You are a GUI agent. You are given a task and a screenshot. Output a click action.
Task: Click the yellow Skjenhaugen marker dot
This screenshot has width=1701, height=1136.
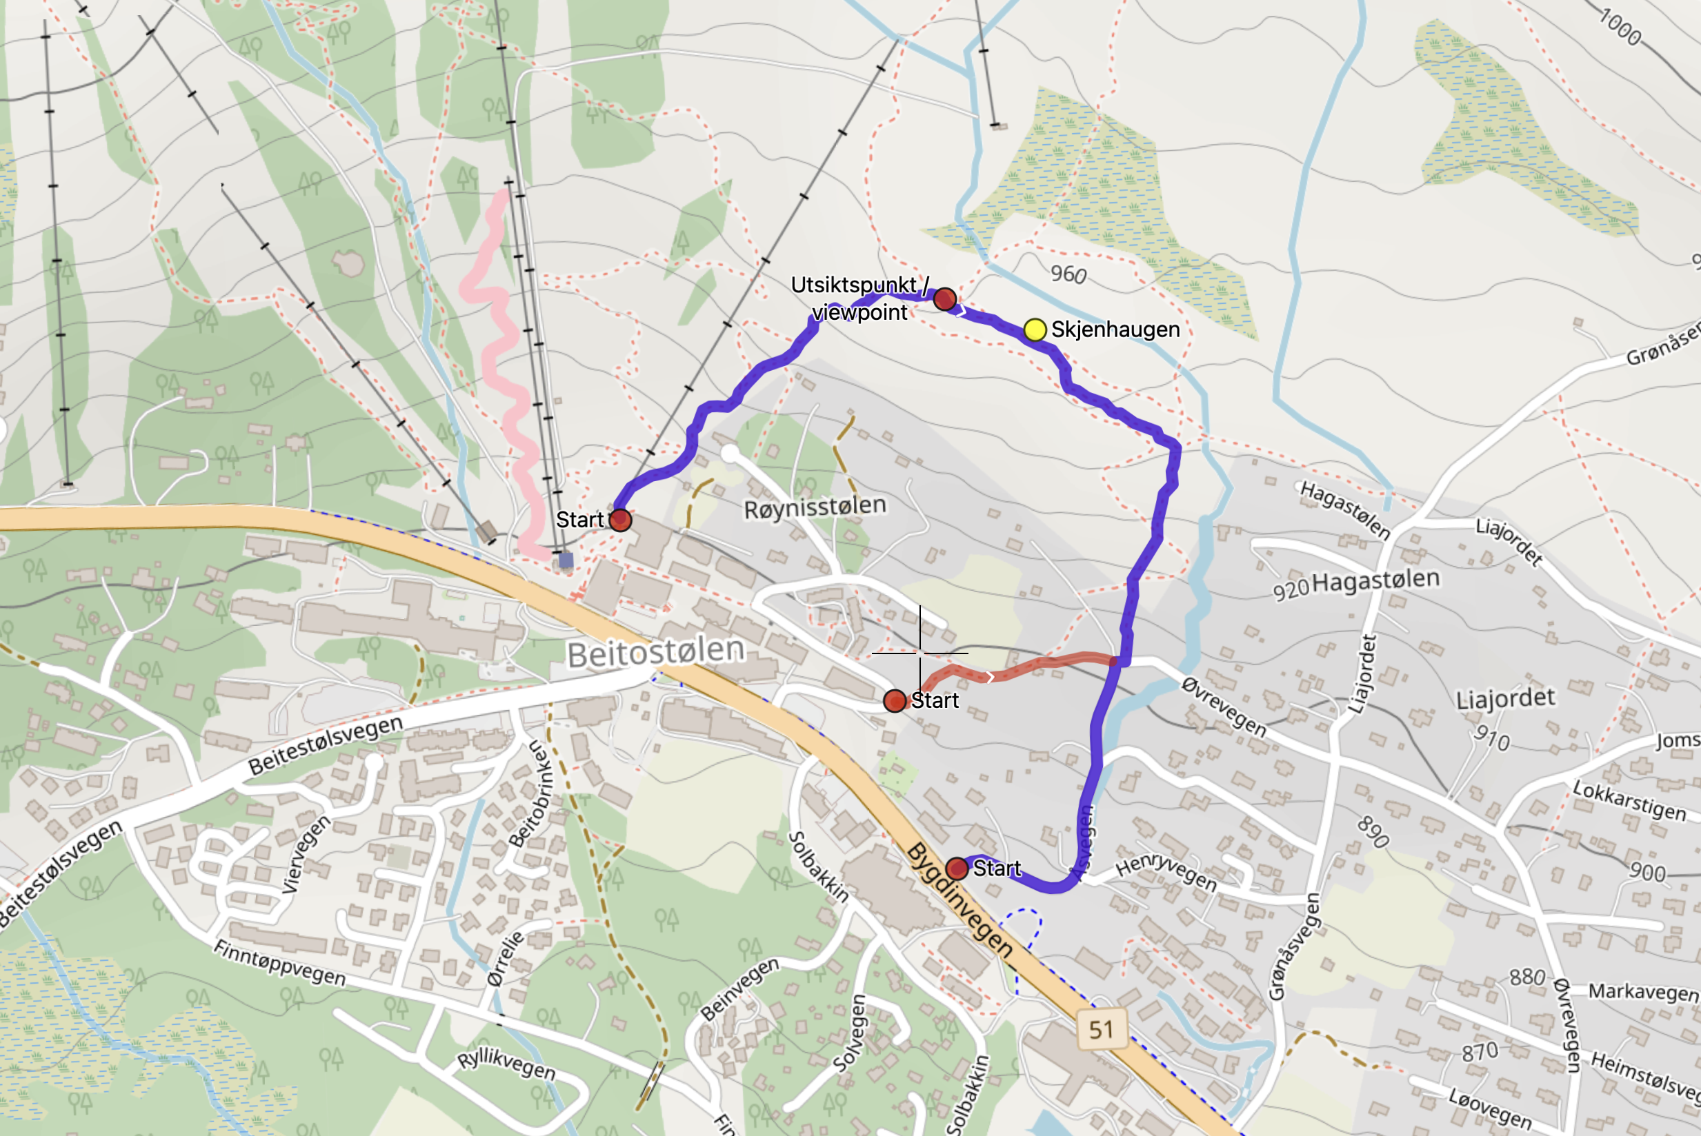click(x=1034, y=329)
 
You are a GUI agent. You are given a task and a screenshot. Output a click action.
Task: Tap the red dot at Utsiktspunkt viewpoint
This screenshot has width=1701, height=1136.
click(x=944, y=298)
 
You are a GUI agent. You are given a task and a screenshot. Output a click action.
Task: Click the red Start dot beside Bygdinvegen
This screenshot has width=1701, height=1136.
click(x=957, y=868)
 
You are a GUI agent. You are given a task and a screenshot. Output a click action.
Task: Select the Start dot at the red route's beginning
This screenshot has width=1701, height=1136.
click(x=895, y=700)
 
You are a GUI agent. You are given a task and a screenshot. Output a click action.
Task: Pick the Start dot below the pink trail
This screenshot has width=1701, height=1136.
click(x=619, y=520)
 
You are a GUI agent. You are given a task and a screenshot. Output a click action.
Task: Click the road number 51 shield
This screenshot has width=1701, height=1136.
click(x=1101, y=1028)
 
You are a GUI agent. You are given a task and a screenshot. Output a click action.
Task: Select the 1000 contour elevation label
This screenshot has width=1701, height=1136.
click(x=1620, y=28)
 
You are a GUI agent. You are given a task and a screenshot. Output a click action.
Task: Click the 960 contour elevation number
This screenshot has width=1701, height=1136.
click(x=1068, y=274)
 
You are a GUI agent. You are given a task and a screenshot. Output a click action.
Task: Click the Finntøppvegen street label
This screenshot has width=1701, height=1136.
click(x=279, y=963)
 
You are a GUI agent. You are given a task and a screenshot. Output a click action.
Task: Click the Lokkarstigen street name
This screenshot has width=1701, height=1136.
click(x=1629, y=800)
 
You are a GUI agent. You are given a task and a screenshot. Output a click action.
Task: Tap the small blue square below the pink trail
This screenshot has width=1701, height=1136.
click(x=566, y=560)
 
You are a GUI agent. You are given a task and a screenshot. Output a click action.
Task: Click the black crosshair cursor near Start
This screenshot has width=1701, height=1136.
click(x=919, y=653)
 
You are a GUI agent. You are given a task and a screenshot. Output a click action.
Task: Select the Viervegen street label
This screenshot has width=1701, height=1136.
click(x=306, y=854)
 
